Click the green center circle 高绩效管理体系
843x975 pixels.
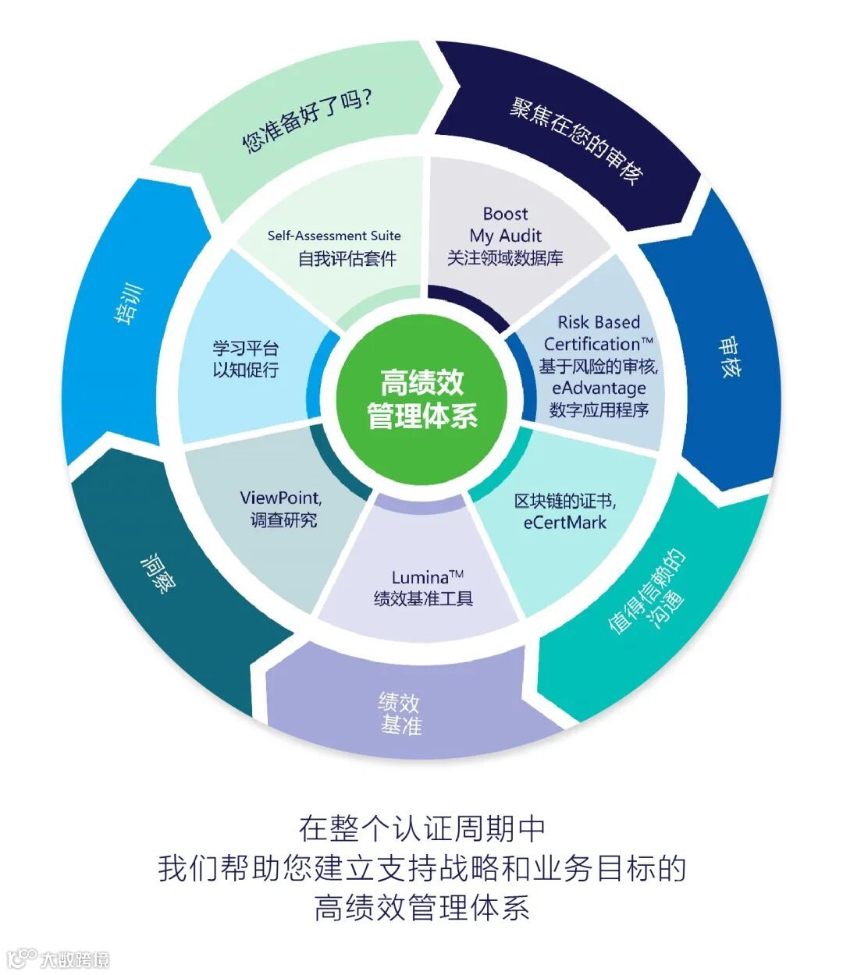point(421,399)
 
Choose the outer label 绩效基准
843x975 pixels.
point(400,713)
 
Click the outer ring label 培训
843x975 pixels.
point(129,306)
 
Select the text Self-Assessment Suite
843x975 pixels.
point(334,236)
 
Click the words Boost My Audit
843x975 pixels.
point(505,225)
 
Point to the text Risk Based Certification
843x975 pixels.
point(599,333)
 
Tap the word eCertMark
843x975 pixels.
point(564,523)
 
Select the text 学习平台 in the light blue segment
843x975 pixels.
point(245,348)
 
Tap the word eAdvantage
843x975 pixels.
point(599,388)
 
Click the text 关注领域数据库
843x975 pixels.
point(505,258)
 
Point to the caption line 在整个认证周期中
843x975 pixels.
point(421,828)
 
